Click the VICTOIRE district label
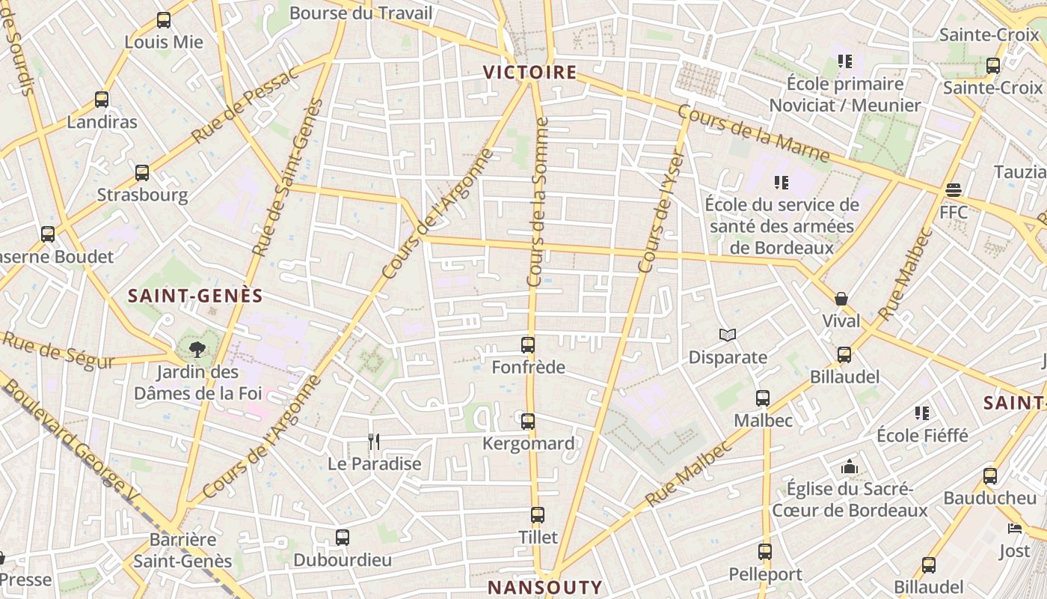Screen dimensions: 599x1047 pyautogui.click(x=529, y=73)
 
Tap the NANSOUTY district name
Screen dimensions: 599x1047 pyautogui.click(x=544, y=587)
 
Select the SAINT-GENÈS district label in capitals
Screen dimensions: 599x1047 pyautogui.click(x=195, y=296)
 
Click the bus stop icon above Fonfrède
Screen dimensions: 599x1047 pyautogui.click(x=528, y=345)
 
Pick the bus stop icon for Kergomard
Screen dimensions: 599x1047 pyautogui.click(x=528, y=422)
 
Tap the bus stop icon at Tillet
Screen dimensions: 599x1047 pyautogui.click(x=538, y=515)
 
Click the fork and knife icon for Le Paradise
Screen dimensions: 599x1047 pyautogui.click(x=374, y=442)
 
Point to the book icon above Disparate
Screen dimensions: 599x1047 pyautogui.click(x=728, y=335)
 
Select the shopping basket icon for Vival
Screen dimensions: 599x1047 pyautogui.click(x=841, y=299)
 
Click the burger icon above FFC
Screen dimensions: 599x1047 pyautogui.click(x=953, y=190)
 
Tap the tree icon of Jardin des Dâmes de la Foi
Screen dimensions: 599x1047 pyautogui.click(x=197, y=349)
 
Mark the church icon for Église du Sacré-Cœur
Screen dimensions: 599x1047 pyautogui.click(x=849, y=467)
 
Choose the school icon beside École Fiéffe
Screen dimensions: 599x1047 pyautogui.click(x=922, y=413)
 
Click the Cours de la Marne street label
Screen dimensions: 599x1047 pyautogui.click(x=753, y=133)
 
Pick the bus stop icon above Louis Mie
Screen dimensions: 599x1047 pyautogui.click(x=164, y=21)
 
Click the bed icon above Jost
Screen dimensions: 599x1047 pyautogui.click(x=1015, y=529)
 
